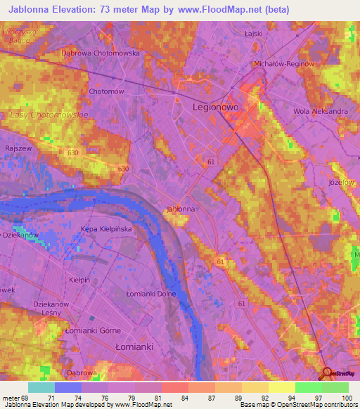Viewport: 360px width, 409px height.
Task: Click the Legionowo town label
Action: tap(217, 108)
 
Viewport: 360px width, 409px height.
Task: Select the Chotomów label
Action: tap(107, 91)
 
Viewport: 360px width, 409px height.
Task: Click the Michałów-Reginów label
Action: tap(283, 64)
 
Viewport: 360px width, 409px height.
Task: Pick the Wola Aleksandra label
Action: tap(321, 111)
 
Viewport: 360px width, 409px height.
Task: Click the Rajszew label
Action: tap(19, 148)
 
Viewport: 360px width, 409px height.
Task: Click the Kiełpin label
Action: tap(79, 280)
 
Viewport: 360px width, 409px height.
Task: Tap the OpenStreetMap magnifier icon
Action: tap(326, 372)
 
